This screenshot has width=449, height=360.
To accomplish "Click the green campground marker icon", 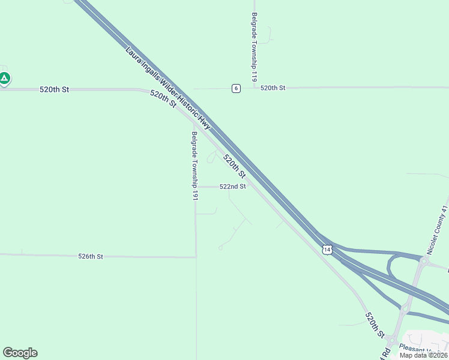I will point(5,78).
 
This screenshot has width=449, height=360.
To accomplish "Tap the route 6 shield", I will point(237,88).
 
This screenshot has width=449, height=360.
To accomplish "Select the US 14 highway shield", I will point(327,249).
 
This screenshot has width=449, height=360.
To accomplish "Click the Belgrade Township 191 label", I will point(194,166).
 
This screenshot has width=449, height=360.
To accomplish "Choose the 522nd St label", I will point(233,187).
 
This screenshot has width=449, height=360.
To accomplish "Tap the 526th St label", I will point(91,256).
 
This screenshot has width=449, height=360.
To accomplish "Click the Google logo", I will point(20,353).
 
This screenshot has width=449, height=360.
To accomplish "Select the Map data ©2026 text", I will point(423,355).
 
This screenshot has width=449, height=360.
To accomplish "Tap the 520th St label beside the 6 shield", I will point(273,88).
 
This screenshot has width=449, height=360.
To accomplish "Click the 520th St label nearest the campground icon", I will point(55,89).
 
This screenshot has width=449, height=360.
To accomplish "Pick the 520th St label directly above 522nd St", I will point(234,166).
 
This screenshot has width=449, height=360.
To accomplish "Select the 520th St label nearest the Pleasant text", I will point(374,324).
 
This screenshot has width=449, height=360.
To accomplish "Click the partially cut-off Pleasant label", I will point(427,349).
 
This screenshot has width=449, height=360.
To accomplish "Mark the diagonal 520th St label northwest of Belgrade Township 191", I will point(163,99).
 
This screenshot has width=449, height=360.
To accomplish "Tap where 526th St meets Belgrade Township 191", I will point(196,257).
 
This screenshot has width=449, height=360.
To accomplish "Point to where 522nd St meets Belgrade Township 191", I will point(196,187).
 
